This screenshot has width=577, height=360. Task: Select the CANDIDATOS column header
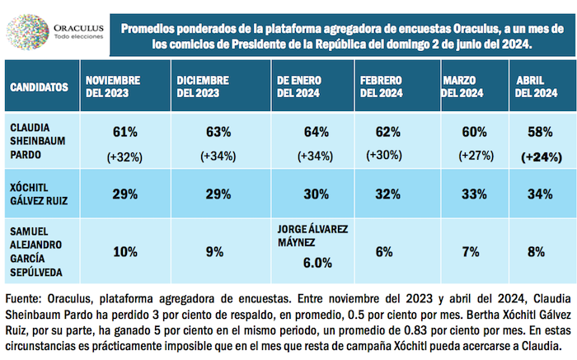click(39, 86)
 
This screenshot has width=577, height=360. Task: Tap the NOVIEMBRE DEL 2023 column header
click(115, 86)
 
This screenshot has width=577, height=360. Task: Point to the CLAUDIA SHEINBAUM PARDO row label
click(36, 143)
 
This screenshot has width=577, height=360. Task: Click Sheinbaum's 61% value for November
click(124, 131)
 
